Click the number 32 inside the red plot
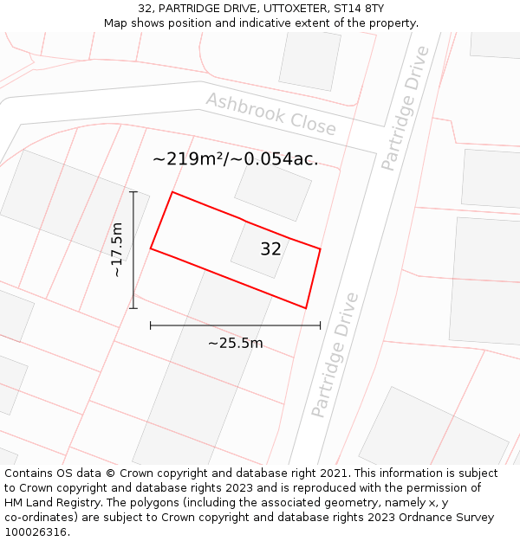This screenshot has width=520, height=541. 270,249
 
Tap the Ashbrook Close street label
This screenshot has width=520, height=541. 270,113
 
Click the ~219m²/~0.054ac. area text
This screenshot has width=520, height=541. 235,159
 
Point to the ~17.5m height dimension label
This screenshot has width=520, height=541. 117,249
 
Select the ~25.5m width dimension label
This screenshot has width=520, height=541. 235,343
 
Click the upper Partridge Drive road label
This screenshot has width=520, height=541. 406,107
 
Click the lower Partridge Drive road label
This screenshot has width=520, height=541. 335,355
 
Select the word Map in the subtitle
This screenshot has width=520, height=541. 116,23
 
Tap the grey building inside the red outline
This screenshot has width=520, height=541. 258,250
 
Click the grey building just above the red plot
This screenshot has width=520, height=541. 273,189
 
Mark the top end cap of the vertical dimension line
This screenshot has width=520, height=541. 133,192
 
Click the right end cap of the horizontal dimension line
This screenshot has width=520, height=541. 320,325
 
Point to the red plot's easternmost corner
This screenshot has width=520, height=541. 320,249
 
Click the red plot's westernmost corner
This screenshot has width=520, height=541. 151,248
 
